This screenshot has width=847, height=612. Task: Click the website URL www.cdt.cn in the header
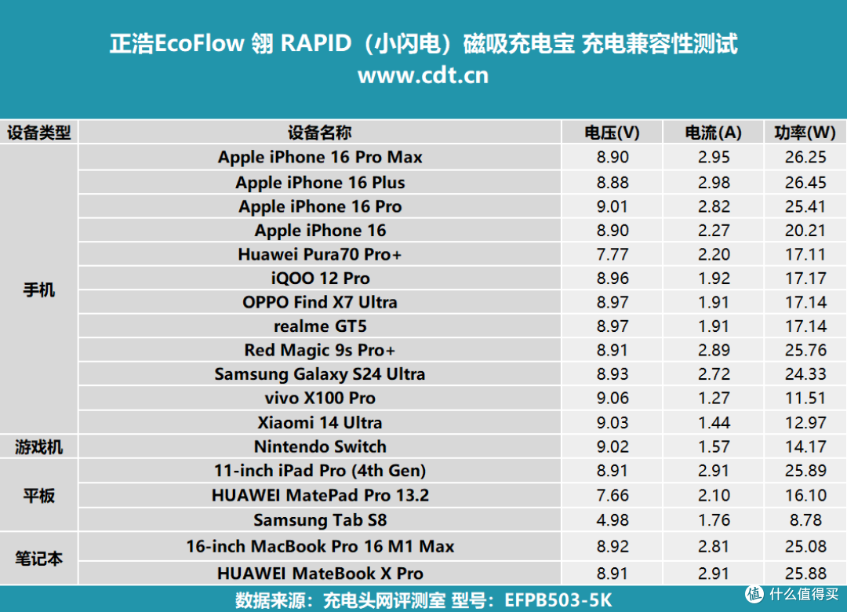(423, 75)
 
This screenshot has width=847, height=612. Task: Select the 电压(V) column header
(612, 133)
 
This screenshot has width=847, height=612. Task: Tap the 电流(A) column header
(713, 133)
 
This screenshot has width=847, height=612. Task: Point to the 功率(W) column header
(805, 133)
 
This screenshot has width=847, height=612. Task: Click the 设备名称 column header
(319, 133)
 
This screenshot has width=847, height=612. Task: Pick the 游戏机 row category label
(39, 447)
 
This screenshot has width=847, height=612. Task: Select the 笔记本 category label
(39, 559)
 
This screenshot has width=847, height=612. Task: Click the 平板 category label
(39, 495)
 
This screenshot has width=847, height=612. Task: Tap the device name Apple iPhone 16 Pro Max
(320, 158)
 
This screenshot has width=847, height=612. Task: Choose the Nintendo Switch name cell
(320, 446)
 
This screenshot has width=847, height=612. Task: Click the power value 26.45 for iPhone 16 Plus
(805, 182)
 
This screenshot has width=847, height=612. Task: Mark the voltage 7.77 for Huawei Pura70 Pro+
(613, 254)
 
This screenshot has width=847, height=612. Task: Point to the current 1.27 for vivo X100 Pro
(714, 398)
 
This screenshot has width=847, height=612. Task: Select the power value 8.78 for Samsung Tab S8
(805, 520)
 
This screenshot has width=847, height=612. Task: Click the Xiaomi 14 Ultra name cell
(320, 422)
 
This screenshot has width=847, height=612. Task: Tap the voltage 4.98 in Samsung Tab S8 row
(613, 520)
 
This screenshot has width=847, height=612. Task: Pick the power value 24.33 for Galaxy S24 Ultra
(805, 374)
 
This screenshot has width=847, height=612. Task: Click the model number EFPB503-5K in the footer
(558, 600)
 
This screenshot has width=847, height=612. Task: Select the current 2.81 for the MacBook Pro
(714, 547)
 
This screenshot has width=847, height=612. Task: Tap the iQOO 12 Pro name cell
(320, 279)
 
